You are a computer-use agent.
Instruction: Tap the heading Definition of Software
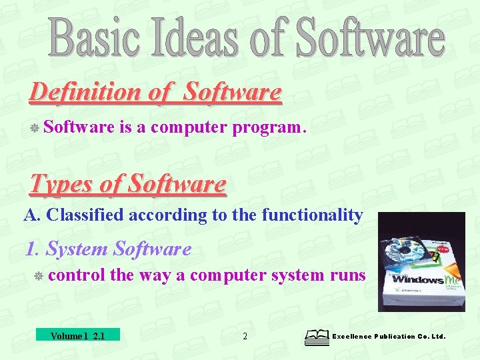(155, 92)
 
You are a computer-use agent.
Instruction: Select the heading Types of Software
(128, 183)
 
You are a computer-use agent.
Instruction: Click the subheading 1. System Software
(108, 249)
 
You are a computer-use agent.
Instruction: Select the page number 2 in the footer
(245, 337)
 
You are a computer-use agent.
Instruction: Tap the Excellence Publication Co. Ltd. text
(389, 337)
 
